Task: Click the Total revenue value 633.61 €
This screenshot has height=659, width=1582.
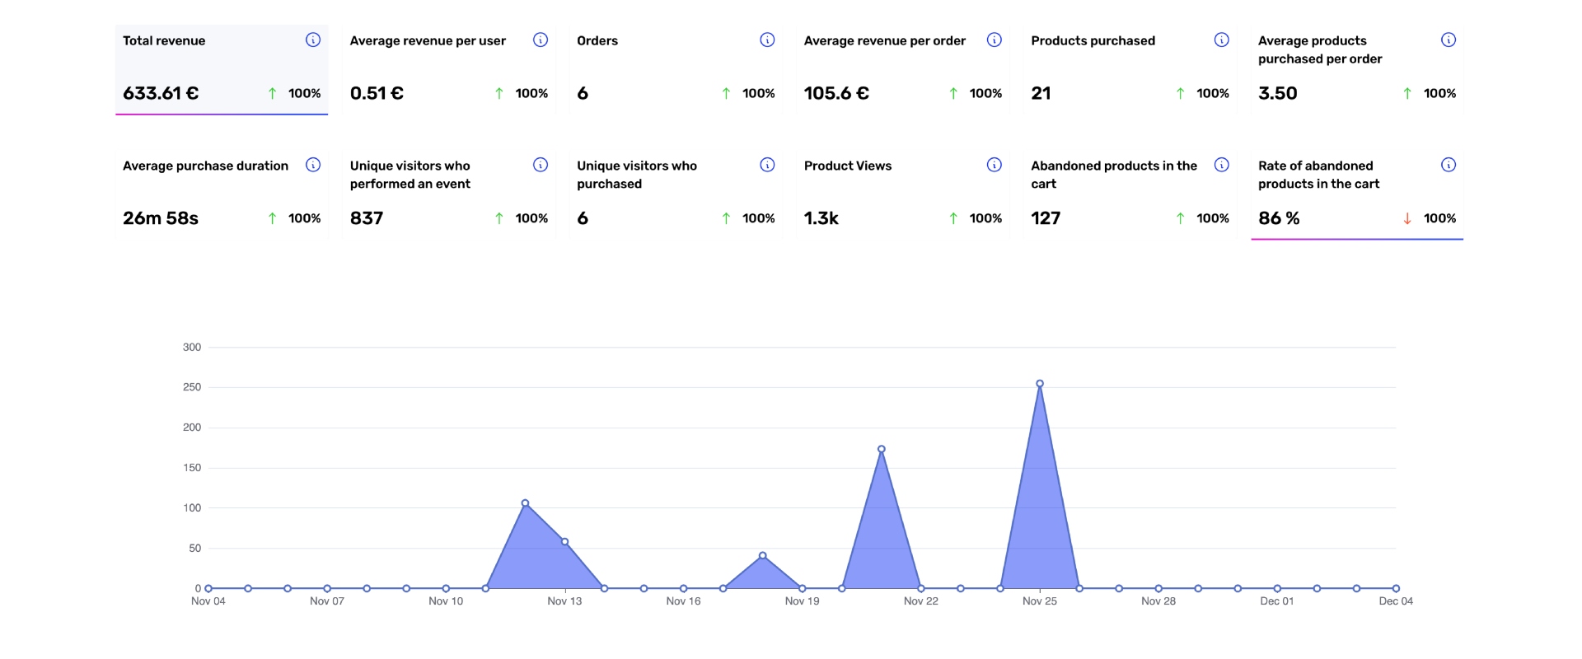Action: (x=161, y=93)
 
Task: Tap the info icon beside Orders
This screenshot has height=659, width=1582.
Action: (x=767, y=40)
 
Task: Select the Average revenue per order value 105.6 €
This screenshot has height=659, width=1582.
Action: (x=836, y=93)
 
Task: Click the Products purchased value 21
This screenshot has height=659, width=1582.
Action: (x=1041, y=93)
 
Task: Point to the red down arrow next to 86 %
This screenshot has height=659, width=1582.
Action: (x=1407, y=218)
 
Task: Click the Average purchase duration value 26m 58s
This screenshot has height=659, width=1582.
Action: (x=161, y=218)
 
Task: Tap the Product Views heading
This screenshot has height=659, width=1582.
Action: (x=848, y=166)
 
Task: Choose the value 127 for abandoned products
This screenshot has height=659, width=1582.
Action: (x=1046, y=218)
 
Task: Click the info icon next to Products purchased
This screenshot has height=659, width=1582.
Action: (x=1222, y=40)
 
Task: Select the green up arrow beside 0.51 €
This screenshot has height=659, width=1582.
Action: (x=499, y=93)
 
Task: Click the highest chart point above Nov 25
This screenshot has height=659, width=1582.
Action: (x=1040, y=384)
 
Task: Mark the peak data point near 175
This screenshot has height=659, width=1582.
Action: (x=882, y=450)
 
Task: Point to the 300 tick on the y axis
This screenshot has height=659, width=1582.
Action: (x=192, y=348)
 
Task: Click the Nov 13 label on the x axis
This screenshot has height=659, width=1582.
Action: (x=564, y=601)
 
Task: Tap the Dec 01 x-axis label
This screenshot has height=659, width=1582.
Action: (x=1276, y=601)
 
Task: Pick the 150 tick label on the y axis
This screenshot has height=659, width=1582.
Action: (x=192, y=468)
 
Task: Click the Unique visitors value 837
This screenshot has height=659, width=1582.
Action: (x=367, y=218)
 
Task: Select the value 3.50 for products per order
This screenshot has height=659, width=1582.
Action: (x=1277, y=93)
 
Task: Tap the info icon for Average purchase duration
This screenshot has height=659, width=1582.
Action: (x=313, y=165)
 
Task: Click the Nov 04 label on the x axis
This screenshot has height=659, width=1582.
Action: (x=208, y=601)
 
